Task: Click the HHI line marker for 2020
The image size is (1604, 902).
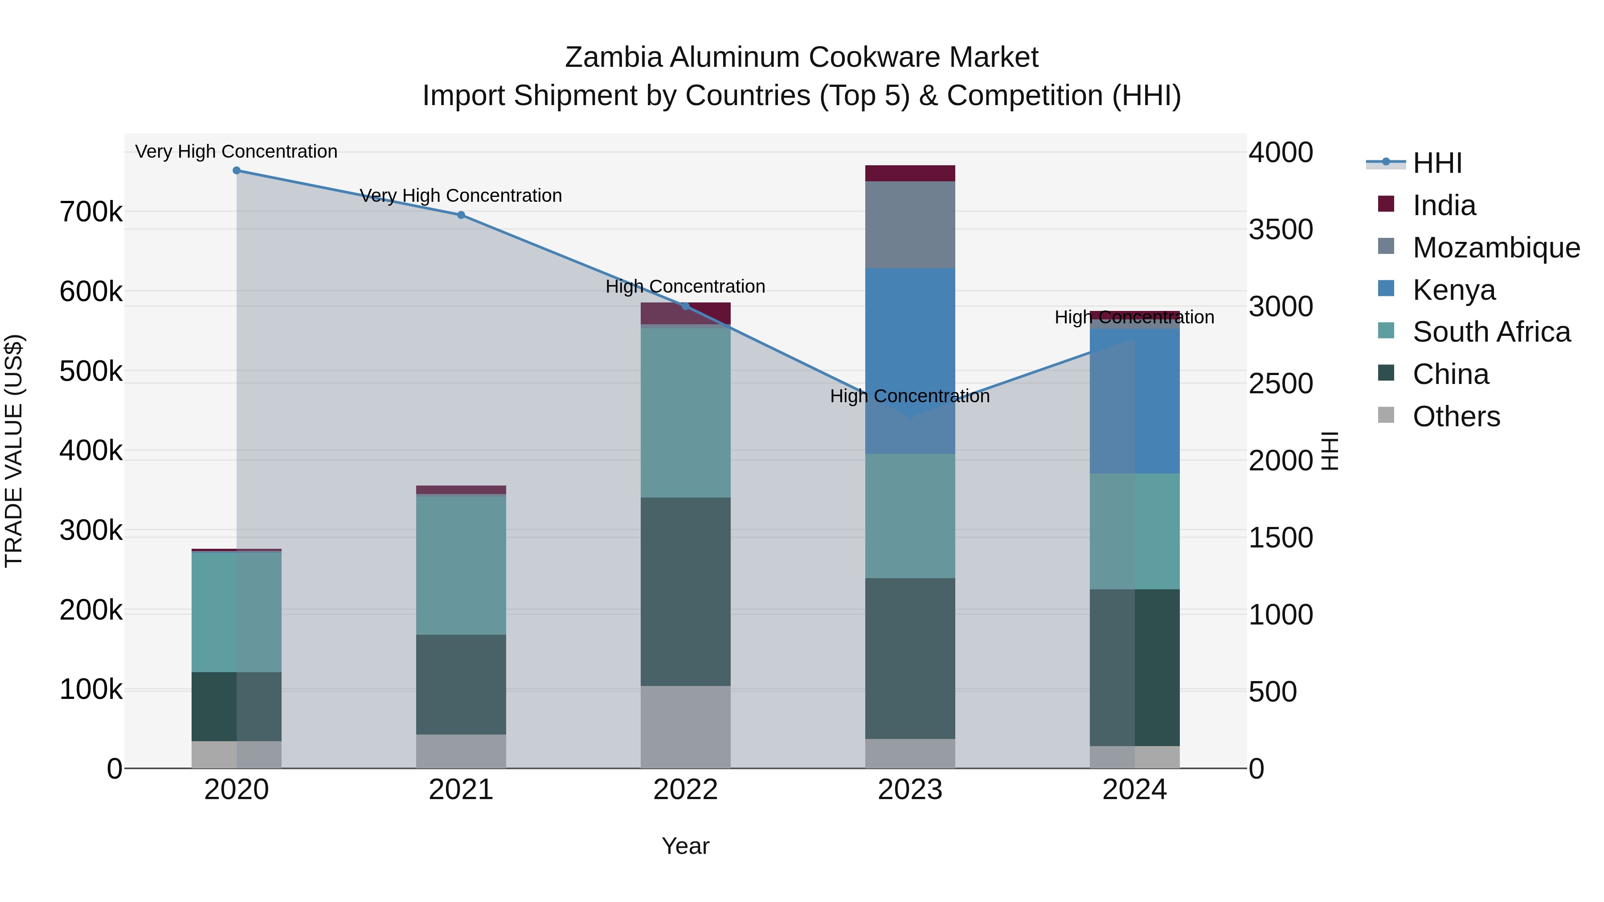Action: [237, 171]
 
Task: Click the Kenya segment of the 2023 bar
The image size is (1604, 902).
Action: [910, 361]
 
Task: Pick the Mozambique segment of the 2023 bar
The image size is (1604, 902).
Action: [910, 225]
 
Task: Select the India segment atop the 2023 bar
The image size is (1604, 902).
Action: [910, 173]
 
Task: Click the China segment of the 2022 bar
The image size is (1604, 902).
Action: [686, 592]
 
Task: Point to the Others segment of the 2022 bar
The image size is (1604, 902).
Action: [686, 727]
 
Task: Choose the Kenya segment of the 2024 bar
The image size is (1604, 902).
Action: [1134, 401]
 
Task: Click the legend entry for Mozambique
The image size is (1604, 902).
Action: [1496, 248]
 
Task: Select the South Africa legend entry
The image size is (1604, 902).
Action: [1491, 332]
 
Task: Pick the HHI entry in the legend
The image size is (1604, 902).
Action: [1437, 163]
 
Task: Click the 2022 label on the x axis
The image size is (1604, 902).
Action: [686, 790]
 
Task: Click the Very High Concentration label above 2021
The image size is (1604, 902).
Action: [461, 196]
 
